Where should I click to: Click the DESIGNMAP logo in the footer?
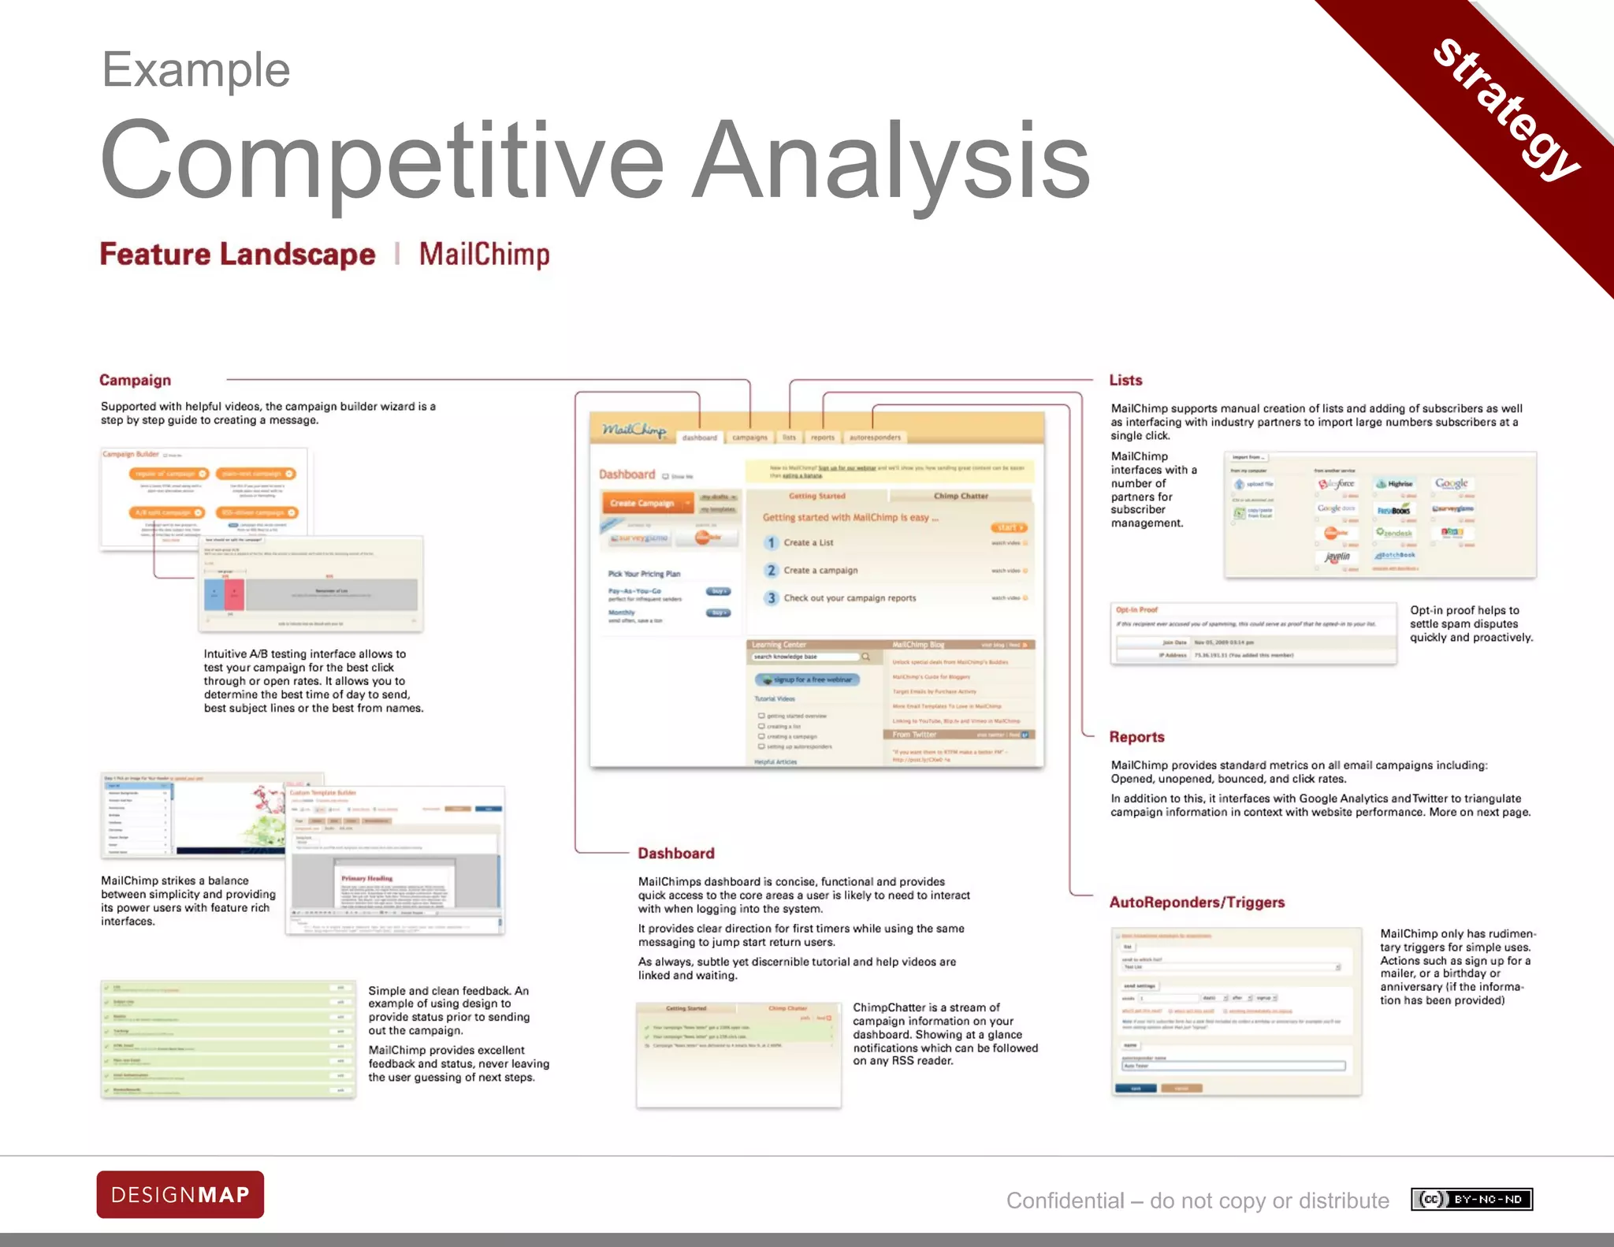pyautogui.click(x=180, y=1194)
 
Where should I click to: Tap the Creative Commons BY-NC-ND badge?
pyautogui.click(x=1471, y=1199)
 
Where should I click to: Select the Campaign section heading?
pyautogui.click(x=135, y=380)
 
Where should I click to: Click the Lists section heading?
pyautogui.click(x=1125, y=380)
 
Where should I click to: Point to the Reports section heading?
pyautogui.click(x=1136, y=736)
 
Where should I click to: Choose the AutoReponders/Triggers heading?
pyautogui.click(x=1196, y=902)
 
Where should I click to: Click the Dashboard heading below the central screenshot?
pyautogui.click(x=675, y=853)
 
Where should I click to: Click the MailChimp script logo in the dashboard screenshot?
pyautogui.click(x=634, y=430)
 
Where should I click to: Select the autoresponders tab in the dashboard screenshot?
pyautogui.click(x=875, y=437)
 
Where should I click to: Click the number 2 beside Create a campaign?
pyautogui.click(x=772, y=570)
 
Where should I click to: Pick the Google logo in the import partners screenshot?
pyautogui.click(x=1451, y=483)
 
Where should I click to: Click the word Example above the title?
pyautogui.click(x=196, y=69)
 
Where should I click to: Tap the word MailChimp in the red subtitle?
pyautogui.click(x=484, y=255)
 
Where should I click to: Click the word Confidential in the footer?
pyautogui.click(x=1065, y=1200)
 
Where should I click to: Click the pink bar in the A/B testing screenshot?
pyautogui.click(x=234, y=594)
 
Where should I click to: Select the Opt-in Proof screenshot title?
pyautogui.click(x=1136, y=609)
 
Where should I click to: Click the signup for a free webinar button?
pyautogui.click(x=807, y=679)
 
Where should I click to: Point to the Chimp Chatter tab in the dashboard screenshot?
pyautogui.click(x=960, y=496)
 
